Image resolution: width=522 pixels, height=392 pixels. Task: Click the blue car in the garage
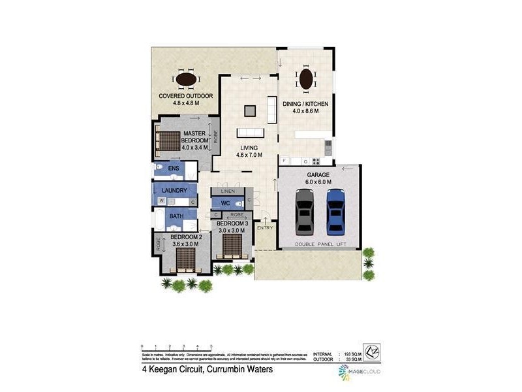pyautogui.click(x=335, y=211)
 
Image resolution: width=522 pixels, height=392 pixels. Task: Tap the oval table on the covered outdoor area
pyautogui.click(x=187, y=79)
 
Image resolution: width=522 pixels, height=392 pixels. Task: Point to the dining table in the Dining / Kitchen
pyautogui.click(x=306, y=80)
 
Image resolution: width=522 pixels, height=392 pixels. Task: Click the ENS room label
pyautogui.click(x=174, y=169)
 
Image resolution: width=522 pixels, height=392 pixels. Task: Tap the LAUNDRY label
pyautogui.click(x=174, y=190)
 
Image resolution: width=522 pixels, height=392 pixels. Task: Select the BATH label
pyautogui.click(x=177, y=216)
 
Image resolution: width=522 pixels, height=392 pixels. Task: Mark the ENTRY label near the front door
pyautogui.click(x=265, y=227)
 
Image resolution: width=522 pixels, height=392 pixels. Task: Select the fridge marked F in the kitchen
pyautogui.click(x=284, y=160)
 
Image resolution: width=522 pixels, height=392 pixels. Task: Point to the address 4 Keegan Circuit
pyautogui.click(x=206, y=368)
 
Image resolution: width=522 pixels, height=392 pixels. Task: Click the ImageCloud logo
pyautogui.click(x=360, y=371)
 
